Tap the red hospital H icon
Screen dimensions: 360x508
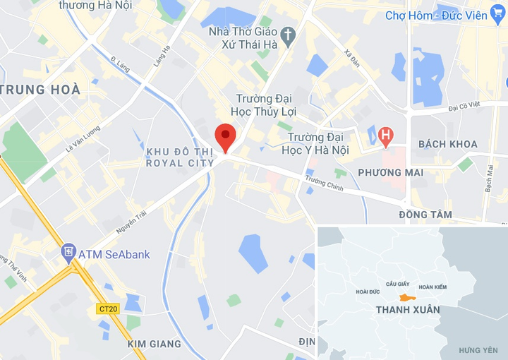(x=385, y=135)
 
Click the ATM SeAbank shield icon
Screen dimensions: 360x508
(x=68, y=251)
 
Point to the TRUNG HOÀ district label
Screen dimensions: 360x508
(x=41, y=90)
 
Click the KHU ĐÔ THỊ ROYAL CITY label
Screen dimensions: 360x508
(x=179, y=157)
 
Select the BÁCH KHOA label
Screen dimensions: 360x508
(x=447, y=144)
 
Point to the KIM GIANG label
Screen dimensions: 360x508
(x=155, y=344)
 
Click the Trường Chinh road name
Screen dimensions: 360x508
(x=324, y=184)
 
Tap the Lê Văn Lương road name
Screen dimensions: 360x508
(x=83, y=138)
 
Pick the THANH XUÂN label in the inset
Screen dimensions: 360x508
(x=408, y=310)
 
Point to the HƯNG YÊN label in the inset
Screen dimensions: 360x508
(x=478, y=350)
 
